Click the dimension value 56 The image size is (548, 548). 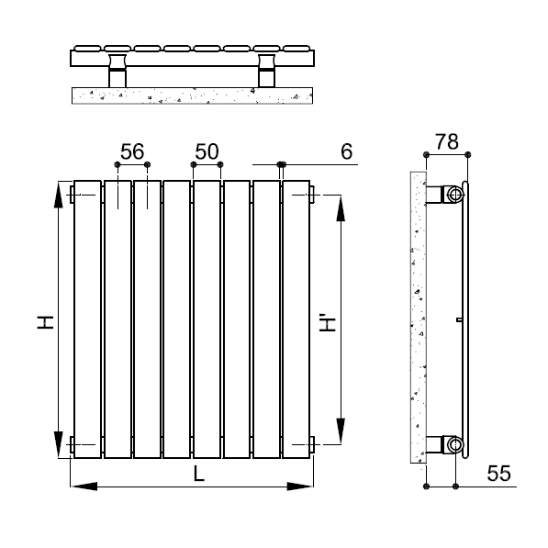[x=132, y=151]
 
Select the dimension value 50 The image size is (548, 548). [x=207, y=151]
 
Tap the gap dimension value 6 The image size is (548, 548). [x=346, y=151]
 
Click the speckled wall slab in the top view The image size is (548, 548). [x=193, y=95]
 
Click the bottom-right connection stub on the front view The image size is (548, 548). [x=314, y=446]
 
